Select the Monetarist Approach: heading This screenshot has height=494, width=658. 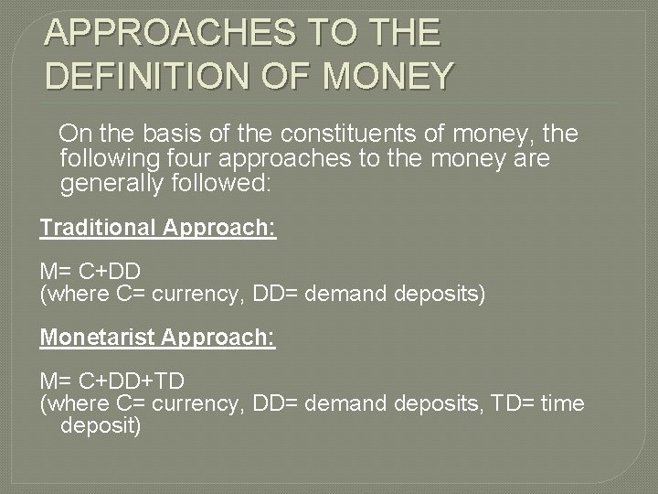tap(157, 338)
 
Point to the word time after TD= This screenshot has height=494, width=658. tap(562, 403)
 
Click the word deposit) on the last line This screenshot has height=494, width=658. tap(101, 425)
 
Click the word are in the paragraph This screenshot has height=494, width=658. tap(532, 159)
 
